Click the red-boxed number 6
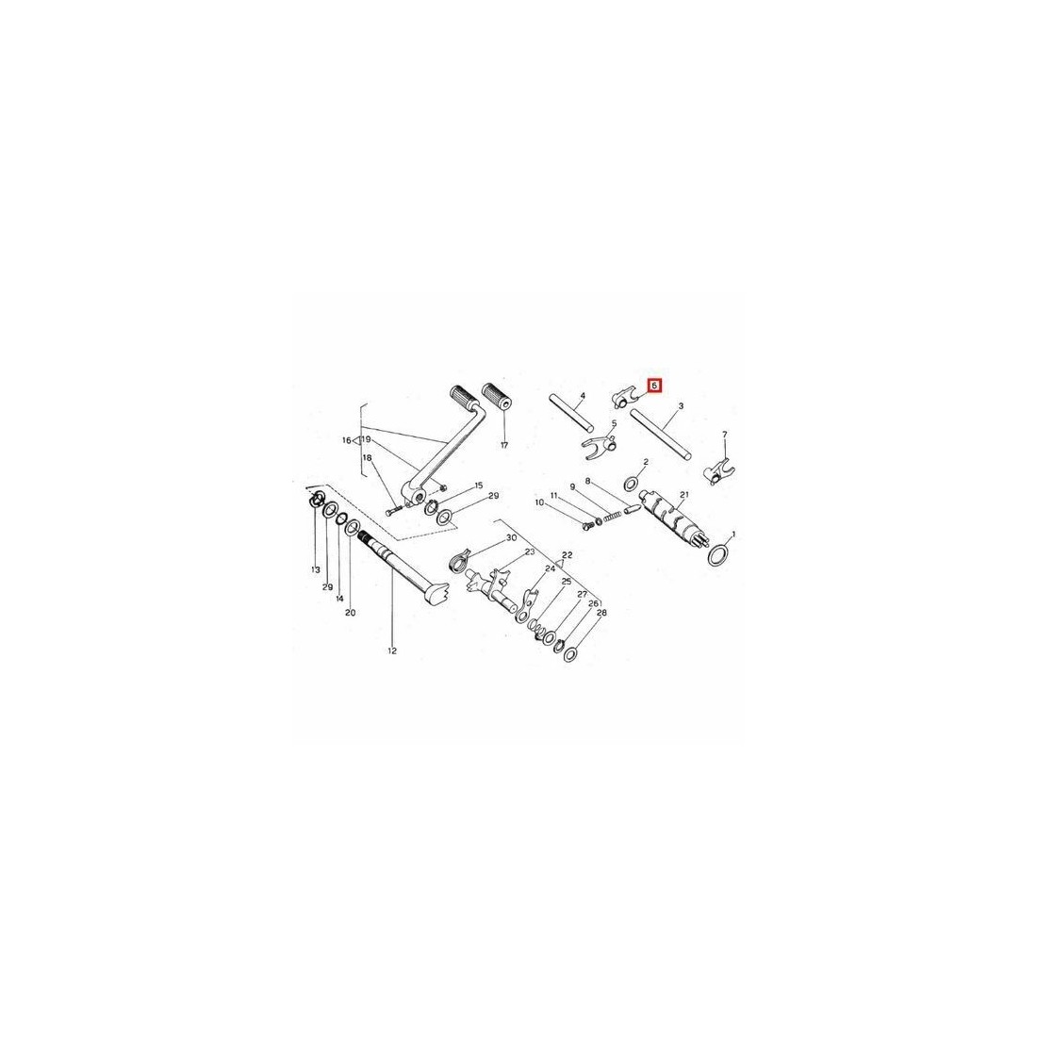pos(654,385)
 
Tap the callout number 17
pos(504,446)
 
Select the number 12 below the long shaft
pos(392,650)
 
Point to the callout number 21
pos(683,495)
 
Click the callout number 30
pos(511,537)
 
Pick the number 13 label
pos(316,569)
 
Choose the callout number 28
pos(601,613)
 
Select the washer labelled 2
pos(632,479)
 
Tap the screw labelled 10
pos(587,526)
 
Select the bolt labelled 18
pos(393,511)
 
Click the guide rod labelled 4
pos(571,412)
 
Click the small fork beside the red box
pos(624,399)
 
